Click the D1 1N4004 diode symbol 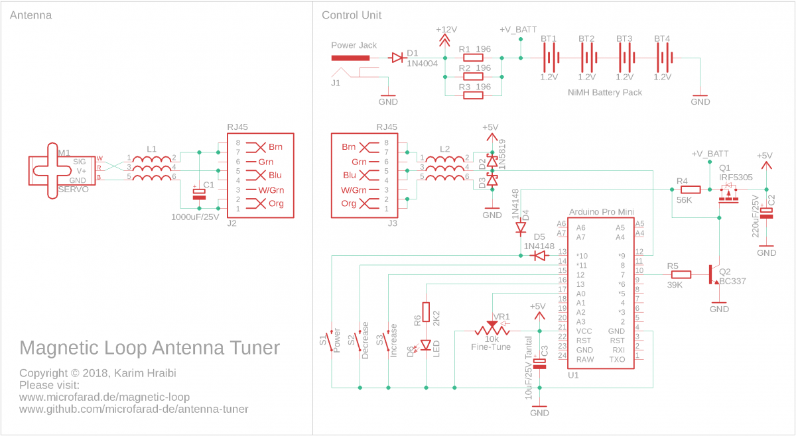click(397, 58)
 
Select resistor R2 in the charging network click(474, 76)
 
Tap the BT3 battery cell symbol click(624, 58)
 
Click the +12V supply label click(446, 29)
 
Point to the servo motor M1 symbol click(62, 171)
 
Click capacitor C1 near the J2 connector click(199, 194)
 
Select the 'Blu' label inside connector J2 click(275, 175)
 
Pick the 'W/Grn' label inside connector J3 click(354, 190)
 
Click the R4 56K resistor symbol click(691, 190)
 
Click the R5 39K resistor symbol click(681, 274)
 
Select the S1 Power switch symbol click(332, 341)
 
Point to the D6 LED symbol click(426, 345)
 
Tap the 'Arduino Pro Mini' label click(601, 212)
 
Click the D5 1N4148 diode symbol click(540, 256)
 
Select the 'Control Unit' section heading click(352, 15)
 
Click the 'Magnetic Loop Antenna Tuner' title click(150, 348)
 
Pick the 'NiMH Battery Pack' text click(605, 93)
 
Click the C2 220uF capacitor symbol click(766, 213)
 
